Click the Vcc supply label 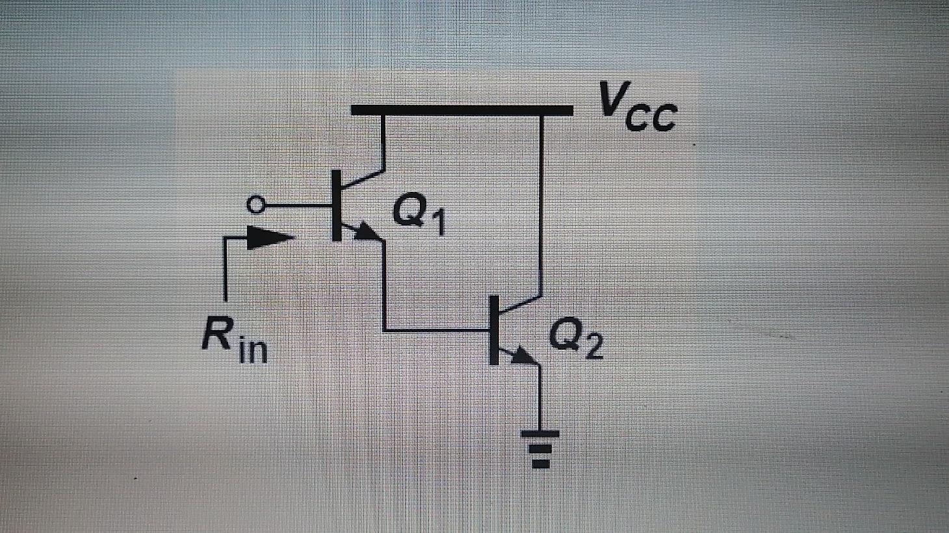[x=638, y=109]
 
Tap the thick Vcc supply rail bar [x=461, y=109]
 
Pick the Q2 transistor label [x=576, y=339]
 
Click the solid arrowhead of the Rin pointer [x=270, y=238]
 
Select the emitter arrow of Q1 [x=366, y=232]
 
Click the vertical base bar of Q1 [x=337, y=205]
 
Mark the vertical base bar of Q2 [x=494, y=330]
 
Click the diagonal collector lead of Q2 [x=520, y=304]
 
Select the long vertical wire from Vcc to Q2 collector [x=541, y=201]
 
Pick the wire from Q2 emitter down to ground [x=540, y=396]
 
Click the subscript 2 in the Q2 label [x=593, y=348]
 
